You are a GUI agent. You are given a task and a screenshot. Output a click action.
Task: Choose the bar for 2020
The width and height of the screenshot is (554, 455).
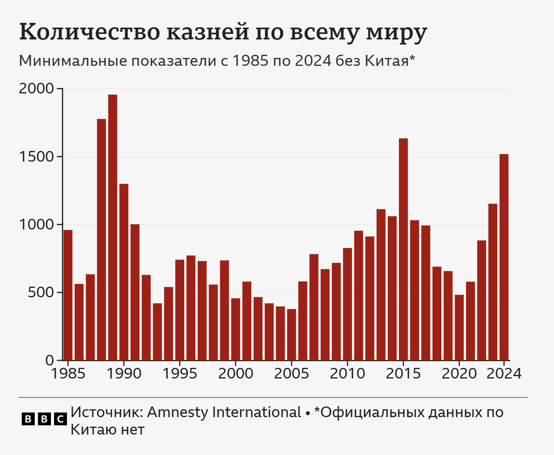(x=459, y=327)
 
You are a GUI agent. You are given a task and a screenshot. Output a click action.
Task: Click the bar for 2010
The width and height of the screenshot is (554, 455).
(x=347, y=304)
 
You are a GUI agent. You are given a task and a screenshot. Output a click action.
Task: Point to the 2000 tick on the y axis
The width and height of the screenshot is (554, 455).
(x=60, y=89)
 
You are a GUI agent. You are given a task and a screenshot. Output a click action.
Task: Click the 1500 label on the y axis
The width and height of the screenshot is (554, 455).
(x=36, y=157)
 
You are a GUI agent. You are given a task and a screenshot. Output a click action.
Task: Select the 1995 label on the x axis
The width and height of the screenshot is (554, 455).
(x=180, y=373)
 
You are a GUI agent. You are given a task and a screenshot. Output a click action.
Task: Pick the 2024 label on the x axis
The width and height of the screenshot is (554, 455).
(x=504, y=373)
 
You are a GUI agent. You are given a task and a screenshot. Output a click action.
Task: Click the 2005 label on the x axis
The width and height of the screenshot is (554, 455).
(x=292, y=373)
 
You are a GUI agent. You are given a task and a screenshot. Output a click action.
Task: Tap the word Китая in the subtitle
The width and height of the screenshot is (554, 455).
(x=387, y=61)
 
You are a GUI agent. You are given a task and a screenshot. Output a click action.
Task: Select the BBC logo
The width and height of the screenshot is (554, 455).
(x=44, y=419)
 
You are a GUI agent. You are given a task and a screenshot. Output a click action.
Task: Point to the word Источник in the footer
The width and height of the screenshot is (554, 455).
(x=107, y=412)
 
